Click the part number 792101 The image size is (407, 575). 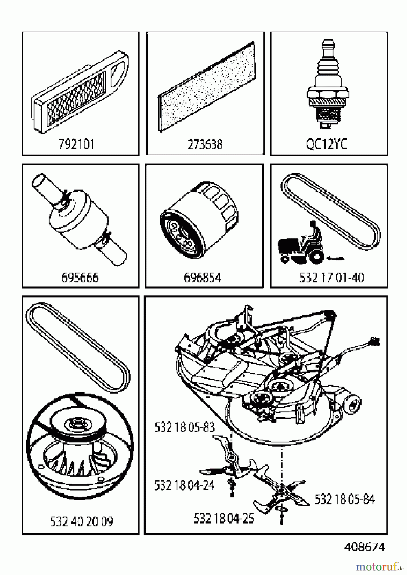76,144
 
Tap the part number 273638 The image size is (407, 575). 205,144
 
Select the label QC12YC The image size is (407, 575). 326,144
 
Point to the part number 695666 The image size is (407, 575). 80,278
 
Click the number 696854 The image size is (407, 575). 202,278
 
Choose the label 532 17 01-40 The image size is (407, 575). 332,278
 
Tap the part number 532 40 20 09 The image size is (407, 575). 82,522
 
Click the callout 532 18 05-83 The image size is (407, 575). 184,427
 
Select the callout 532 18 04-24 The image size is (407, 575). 184,485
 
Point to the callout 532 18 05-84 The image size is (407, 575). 344,499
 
